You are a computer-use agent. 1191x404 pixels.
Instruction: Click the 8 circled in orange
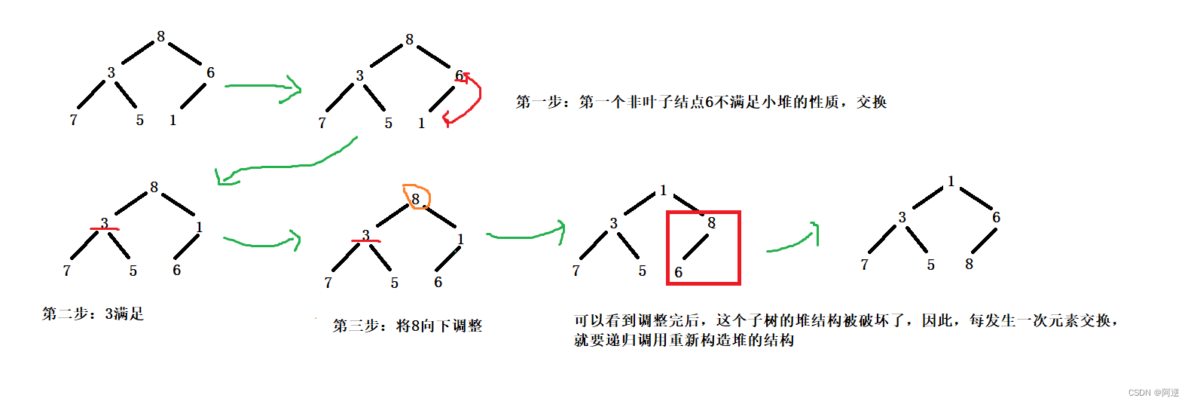click(415, 199)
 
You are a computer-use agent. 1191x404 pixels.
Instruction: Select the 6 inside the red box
click(678, 272)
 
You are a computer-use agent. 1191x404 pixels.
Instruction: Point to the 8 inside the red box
click(711, 223)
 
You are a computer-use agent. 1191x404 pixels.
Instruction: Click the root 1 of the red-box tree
click(663, 191)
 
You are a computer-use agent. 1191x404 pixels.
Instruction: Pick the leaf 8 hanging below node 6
click(969, 264)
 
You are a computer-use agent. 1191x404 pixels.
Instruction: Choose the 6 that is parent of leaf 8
click(996, 217)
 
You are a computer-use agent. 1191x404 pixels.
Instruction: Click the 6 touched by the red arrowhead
click(458, 75)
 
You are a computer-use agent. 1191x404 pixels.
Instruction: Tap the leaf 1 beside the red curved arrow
click(421, 123)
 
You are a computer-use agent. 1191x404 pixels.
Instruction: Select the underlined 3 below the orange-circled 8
click(365, 235)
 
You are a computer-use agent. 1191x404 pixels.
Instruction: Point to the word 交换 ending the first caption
click(872, 102)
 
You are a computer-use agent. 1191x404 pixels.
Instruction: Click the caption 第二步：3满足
click(93, 314)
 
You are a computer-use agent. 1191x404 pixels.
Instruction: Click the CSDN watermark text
click(1153, 393)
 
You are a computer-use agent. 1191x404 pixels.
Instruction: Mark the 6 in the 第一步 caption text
click(709, 102)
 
